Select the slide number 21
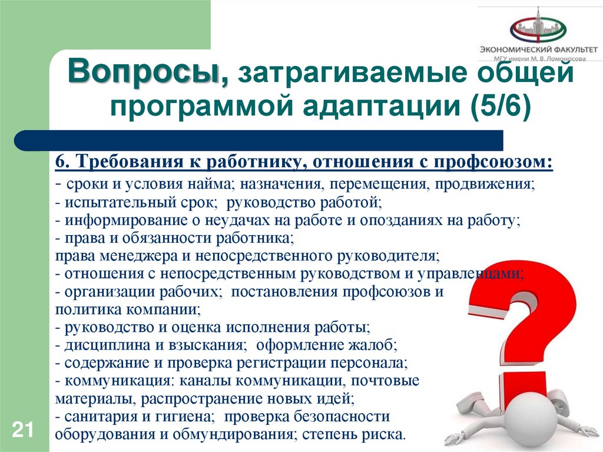pos(22,429)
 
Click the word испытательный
pos(112,203)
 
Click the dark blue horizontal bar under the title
pos(259,141)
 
